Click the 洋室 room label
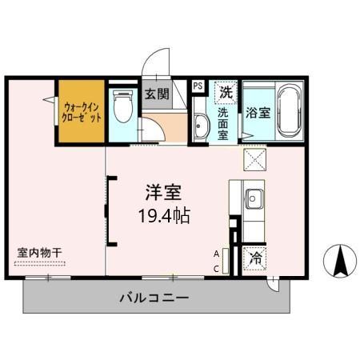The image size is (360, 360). (163, 193)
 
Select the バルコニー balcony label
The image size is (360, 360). (154, 298)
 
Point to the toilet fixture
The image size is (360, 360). (123, 106)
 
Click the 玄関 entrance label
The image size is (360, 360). (157, 94)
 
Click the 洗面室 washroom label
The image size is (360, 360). (225, 124)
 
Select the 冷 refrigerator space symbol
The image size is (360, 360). (256, 258)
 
